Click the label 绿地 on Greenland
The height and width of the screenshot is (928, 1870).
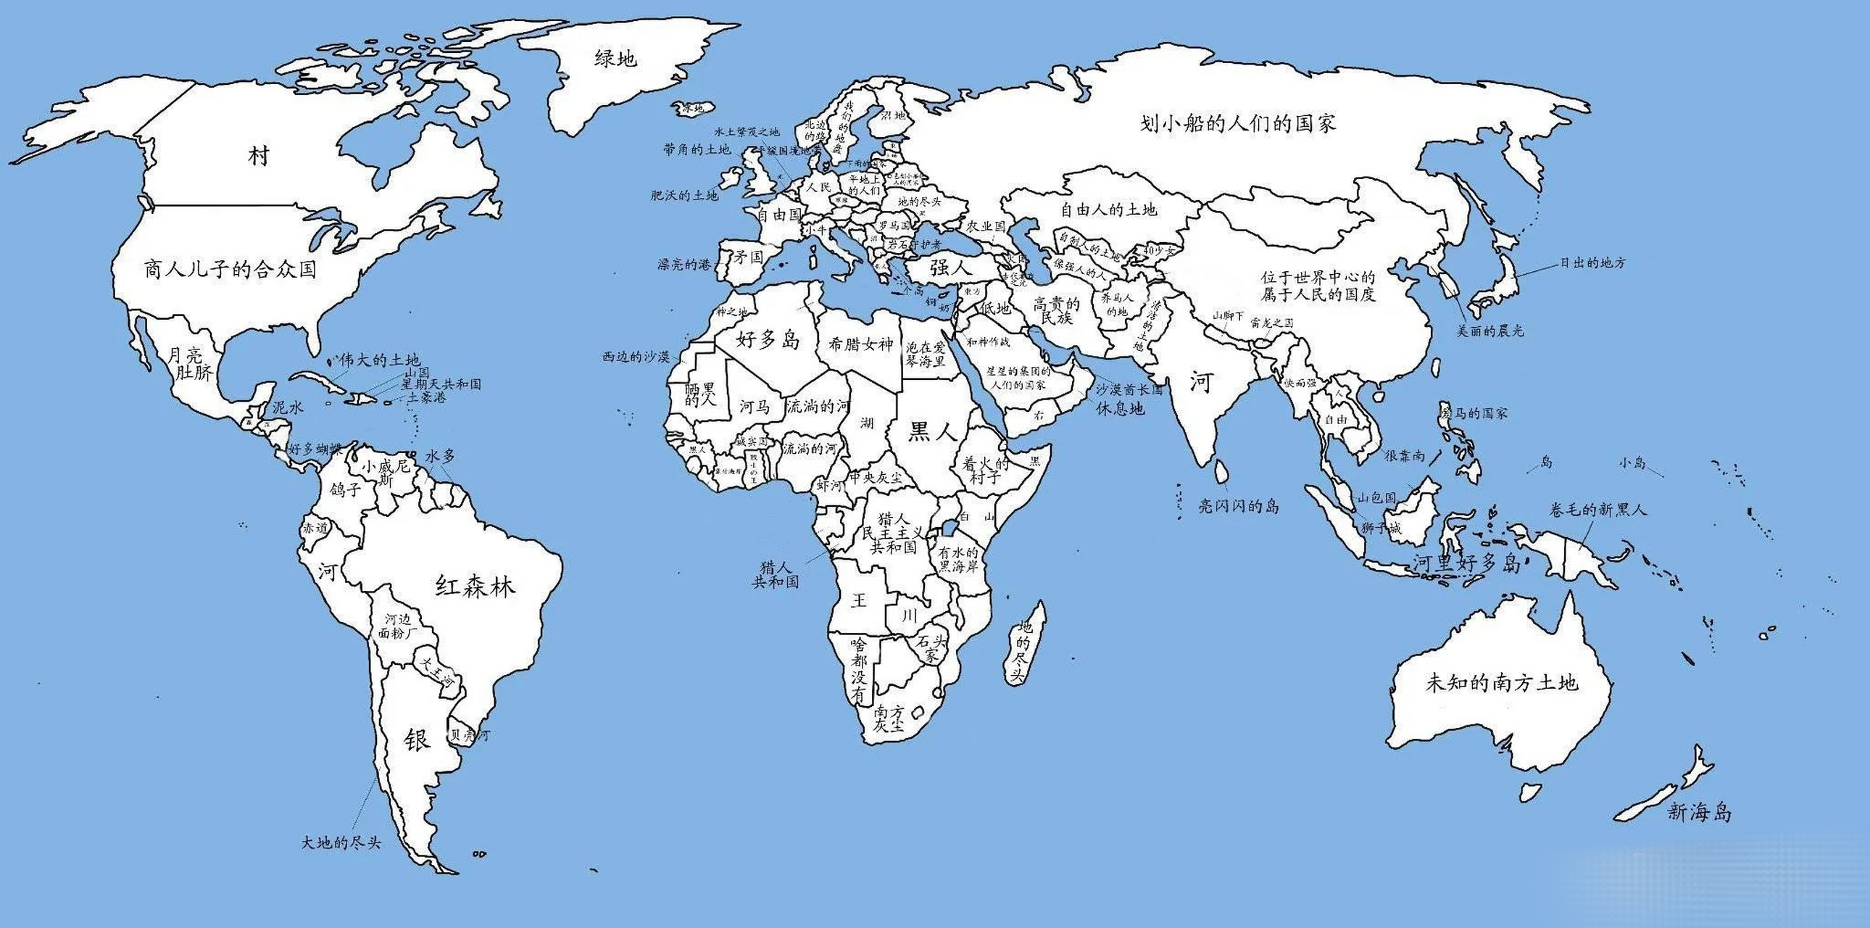click(x=615, y=59)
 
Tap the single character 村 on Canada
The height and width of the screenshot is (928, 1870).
click(x=259, y=155)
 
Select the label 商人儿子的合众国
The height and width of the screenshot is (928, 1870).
click(x=230, y=270)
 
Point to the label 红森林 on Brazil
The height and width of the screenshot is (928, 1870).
click(x=475, y=585)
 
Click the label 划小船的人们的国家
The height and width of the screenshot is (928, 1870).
click(x=1239, y=123)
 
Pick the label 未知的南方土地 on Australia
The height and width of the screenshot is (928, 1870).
click(x=1501, y=682)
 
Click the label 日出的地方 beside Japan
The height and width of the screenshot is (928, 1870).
click(x=1592, y=263)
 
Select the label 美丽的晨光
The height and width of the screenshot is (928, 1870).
click(x=1490, y=331)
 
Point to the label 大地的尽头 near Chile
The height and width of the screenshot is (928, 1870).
click(x=341, y=843)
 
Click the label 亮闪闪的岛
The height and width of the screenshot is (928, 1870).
click(x=1239, y=506)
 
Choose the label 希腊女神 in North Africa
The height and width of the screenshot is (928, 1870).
click(x=860, y=344)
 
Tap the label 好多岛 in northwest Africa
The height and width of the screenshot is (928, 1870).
click(x=768, y=339)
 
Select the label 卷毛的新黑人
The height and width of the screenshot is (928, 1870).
click(x=1597, y=510)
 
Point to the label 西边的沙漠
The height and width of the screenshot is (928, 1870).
click(x=636, y=357)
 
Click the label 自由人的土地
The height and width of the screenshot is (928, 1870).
click(x=1108, y=210)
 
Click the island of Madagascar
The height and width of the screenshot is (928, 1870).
click(x=1026, y=646)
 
